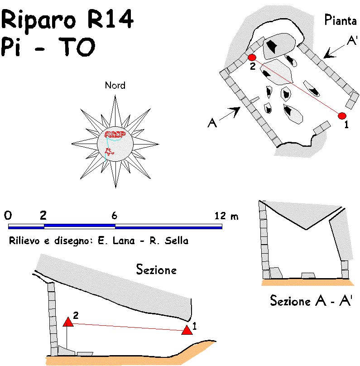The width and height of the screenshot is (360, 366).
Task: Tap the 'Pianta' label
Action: click(x=341, y=20)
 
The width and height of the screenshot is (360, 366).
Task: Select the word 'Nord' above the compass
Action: click(x=115, y=85)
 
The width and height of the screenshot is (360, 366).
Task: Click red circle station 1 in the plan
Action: click(x=342, y=116)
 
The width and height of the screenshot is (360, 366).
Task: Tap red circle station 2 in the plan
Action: click(x=252, y=58)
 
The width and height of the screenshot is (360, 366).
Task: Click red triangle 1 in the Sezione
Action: click(x=187, y=330)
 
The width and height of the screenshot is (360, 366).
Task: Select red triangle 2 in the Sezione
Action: click(x=68, y=322)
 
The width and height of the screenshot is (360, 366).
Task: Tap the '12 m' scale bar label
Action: click(x=226, y=216)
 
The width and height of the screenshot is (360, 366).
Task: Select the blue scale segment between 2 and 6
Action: click(x=79, y=226)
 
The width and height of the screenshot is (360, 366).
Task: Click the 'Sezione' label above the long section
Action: click(x=156, y=270)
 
